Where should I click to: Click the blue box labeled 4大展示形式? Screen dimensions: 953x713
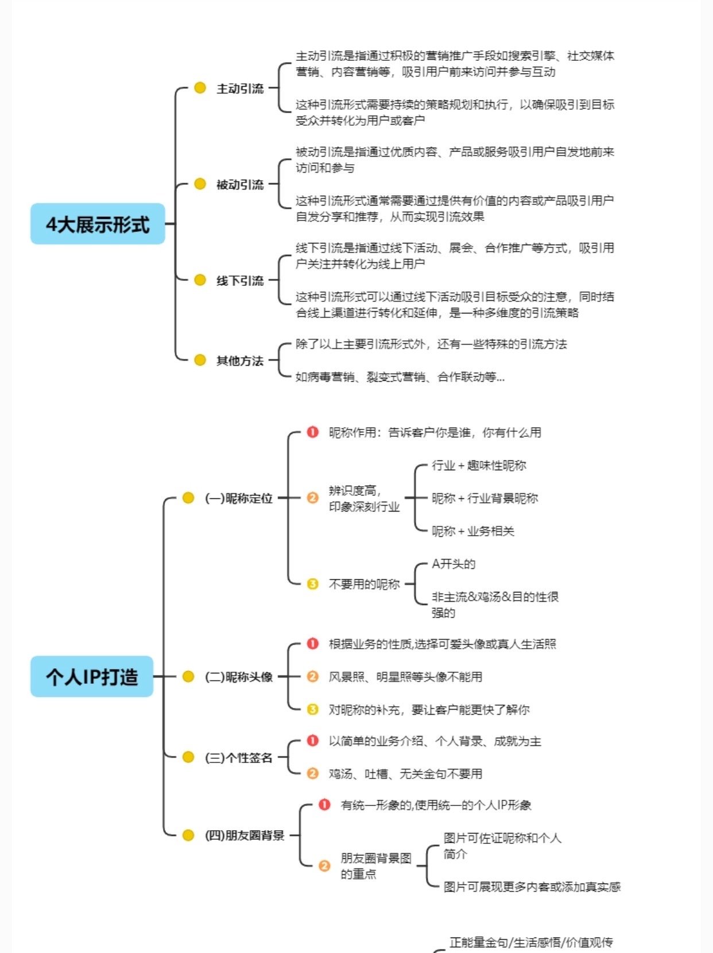tap(98, 224)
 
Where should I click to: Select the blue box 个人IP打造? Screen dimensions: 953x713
tap(92, 676)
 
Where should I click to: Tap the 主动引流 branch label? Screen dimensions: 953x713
tap(240, 88)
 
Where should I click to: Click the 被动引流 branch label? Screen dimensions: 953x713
tap(240, 184)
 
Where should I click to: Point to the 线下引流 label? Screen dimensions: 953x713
tap(240, 280)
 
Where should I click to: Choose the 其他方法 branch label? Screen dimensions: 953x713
tap(240, 361)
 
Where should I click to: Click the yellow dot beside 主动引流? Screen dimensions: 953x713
tap(200, 88)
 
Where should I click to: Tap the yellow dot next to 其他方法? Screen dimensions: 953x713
tap(200, 360)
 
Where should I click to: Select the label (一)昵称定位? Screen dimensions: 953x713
tap(238, 498)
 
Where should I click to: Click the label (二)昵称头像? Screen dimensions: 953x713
tap(238, 677)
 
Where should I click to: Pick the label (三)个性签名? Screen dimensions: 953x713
tap(238, 757)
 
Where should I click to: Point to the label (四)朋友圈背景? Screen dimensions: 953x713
tap(245, 835)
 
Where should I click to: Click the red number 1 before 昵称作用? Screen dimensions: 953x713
tap(312, 432)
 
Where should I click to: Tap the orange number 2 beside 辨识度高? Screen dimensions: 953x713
tap(312, 498)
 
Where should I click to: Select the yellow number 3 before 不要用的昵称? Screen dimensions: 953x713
tap(312, 584)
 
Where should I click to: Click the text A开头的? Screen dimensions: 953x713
tap(454, 564)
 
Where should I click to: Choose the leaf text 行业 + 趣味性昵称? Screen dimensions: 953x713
tap(479, 465)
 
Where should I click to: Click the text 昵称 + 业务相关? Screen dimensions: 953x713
tap(473, 531)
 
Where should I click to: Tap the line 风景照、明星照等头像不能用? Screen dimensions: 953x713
tap(405, 677)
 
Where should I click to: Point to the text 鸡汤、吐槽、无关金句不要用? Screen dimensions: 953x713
tap(405, 774)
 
